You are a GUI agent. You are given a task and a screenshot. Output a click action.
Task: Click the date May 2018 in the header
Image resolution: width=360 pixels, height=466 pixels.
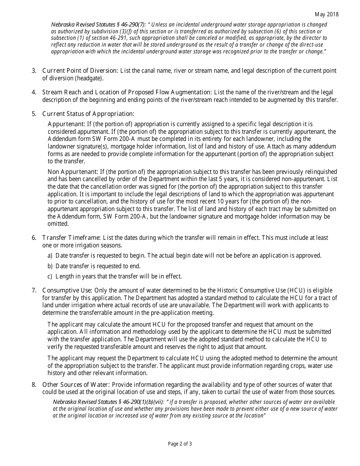point(327,14)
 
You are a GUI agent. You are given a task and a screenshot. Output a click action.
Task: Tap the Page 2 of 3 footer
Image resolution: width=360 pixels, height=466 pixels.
point(180,444)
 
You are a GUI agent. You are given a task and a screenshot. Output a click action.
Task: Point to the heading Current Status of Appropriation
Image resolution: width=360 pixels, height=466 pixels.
point(88,114)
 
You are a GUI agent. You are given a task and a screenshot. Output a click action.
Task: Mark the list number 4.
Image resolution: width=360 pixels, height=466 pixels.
point(34,92)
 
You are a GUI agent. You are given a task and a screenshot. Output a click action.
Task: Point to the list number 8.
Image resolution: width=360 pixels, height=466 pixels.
point(34,385)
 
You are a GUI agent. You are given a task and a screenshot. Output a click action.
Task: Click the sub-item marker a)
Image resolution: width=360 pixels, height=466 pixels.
point(50,255)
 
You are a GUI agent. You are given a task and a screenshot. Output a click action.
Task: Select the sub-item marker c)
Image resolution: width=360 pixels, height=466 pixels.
point(50,276)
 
